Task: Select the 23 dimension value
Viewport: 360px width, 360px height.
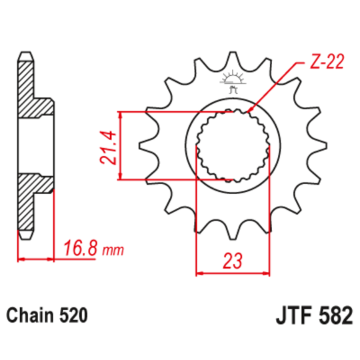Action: tap(233, 261)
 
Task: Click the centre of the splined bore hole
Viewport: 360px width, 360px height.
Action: tap(233, 145)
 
